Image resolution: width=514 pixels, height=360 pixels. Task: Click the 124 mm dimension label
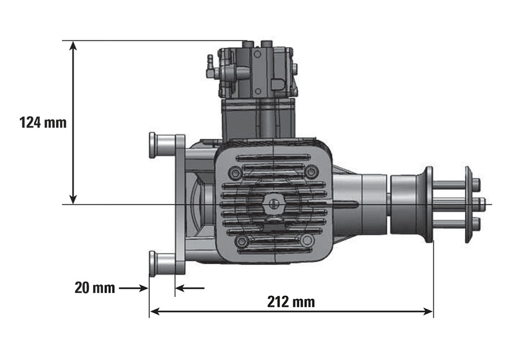pos(43,122)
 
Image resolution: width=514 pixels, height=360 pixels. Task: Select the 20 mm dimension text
pos(95,288)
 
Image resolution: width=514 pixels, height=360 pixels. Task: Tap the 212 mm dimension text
pos(291,302)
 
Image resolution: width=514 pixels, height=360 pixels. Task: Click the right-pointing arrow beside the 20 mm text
pos(142,288)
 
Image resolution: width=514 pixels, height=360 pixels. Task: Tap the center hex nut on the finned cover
pos(274,204)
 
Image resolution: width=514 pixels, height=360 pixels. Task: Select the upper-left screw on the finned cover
pos(235,174)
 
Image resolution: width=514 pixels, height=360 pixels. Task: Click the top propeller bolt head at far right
pos(477,185)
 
